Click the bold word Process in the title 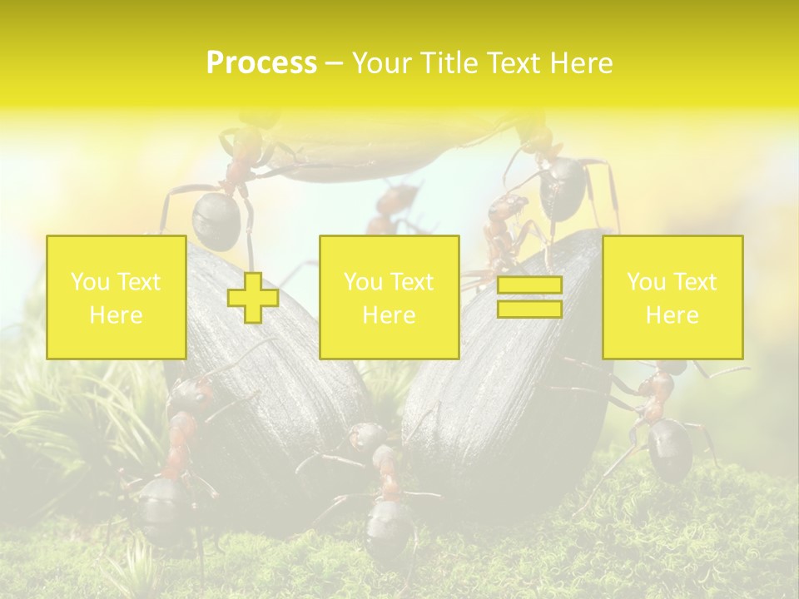tap(261, 63)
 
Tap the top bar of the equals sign tap(529, 285)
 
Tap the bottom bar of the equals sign tap(529, 309)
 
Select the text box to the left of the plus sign tap(117, 297)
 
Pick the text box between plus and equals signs tap(389, 297)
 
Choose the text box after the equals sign tap(672, 297)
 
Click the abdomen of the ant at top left tap(216, 220)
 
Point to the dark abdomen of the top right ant tap(563, 188)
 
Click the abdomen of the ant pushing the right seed tap(670, 449)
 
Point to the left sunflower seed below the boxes tap(275, 399)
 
